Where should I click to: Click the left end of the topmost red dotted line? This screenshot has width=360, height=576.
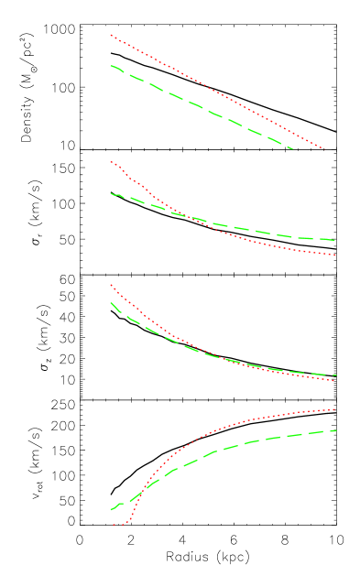(111, 36)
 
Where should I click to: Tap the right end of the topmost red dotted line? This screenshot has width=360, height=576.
(325, 149)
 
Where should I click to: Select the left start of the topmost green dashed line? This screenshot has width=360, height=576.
(111, 66)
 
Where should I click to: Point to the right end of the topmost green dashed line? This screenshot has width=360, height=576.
(293, 148)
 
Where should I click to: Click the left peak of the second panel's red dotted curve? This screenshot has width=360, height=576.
(112, 162)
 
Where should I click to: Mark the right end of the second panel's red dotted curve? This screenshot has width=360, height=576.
(336, 255)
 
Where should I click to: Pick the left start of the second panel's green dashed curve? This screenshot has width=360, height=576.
(111, 194)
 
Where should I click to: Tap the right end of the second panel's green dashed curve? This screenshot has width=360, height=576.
(336, 241)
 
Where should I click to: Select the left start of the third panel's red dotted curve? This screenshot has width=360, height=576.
(111, 285)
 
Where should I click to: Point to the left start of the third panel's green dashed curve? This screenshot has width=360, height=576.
(111, 303)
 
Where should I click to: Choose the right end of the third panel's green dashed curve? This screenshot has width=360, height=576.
(336, 375)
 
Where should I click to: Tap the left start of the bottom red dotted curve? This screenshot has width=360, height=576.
(113, 526)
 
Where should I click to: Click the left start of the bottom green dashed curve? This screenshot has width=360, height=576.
(111, 509)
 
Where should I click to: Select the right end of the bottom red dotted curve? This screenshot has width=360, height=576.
(336, 409)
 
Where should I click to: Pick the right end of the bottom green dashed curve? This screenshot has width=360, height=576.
(336, 430)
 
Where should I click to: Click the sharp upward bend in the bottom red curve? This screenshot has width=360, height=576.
(132, 518)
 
